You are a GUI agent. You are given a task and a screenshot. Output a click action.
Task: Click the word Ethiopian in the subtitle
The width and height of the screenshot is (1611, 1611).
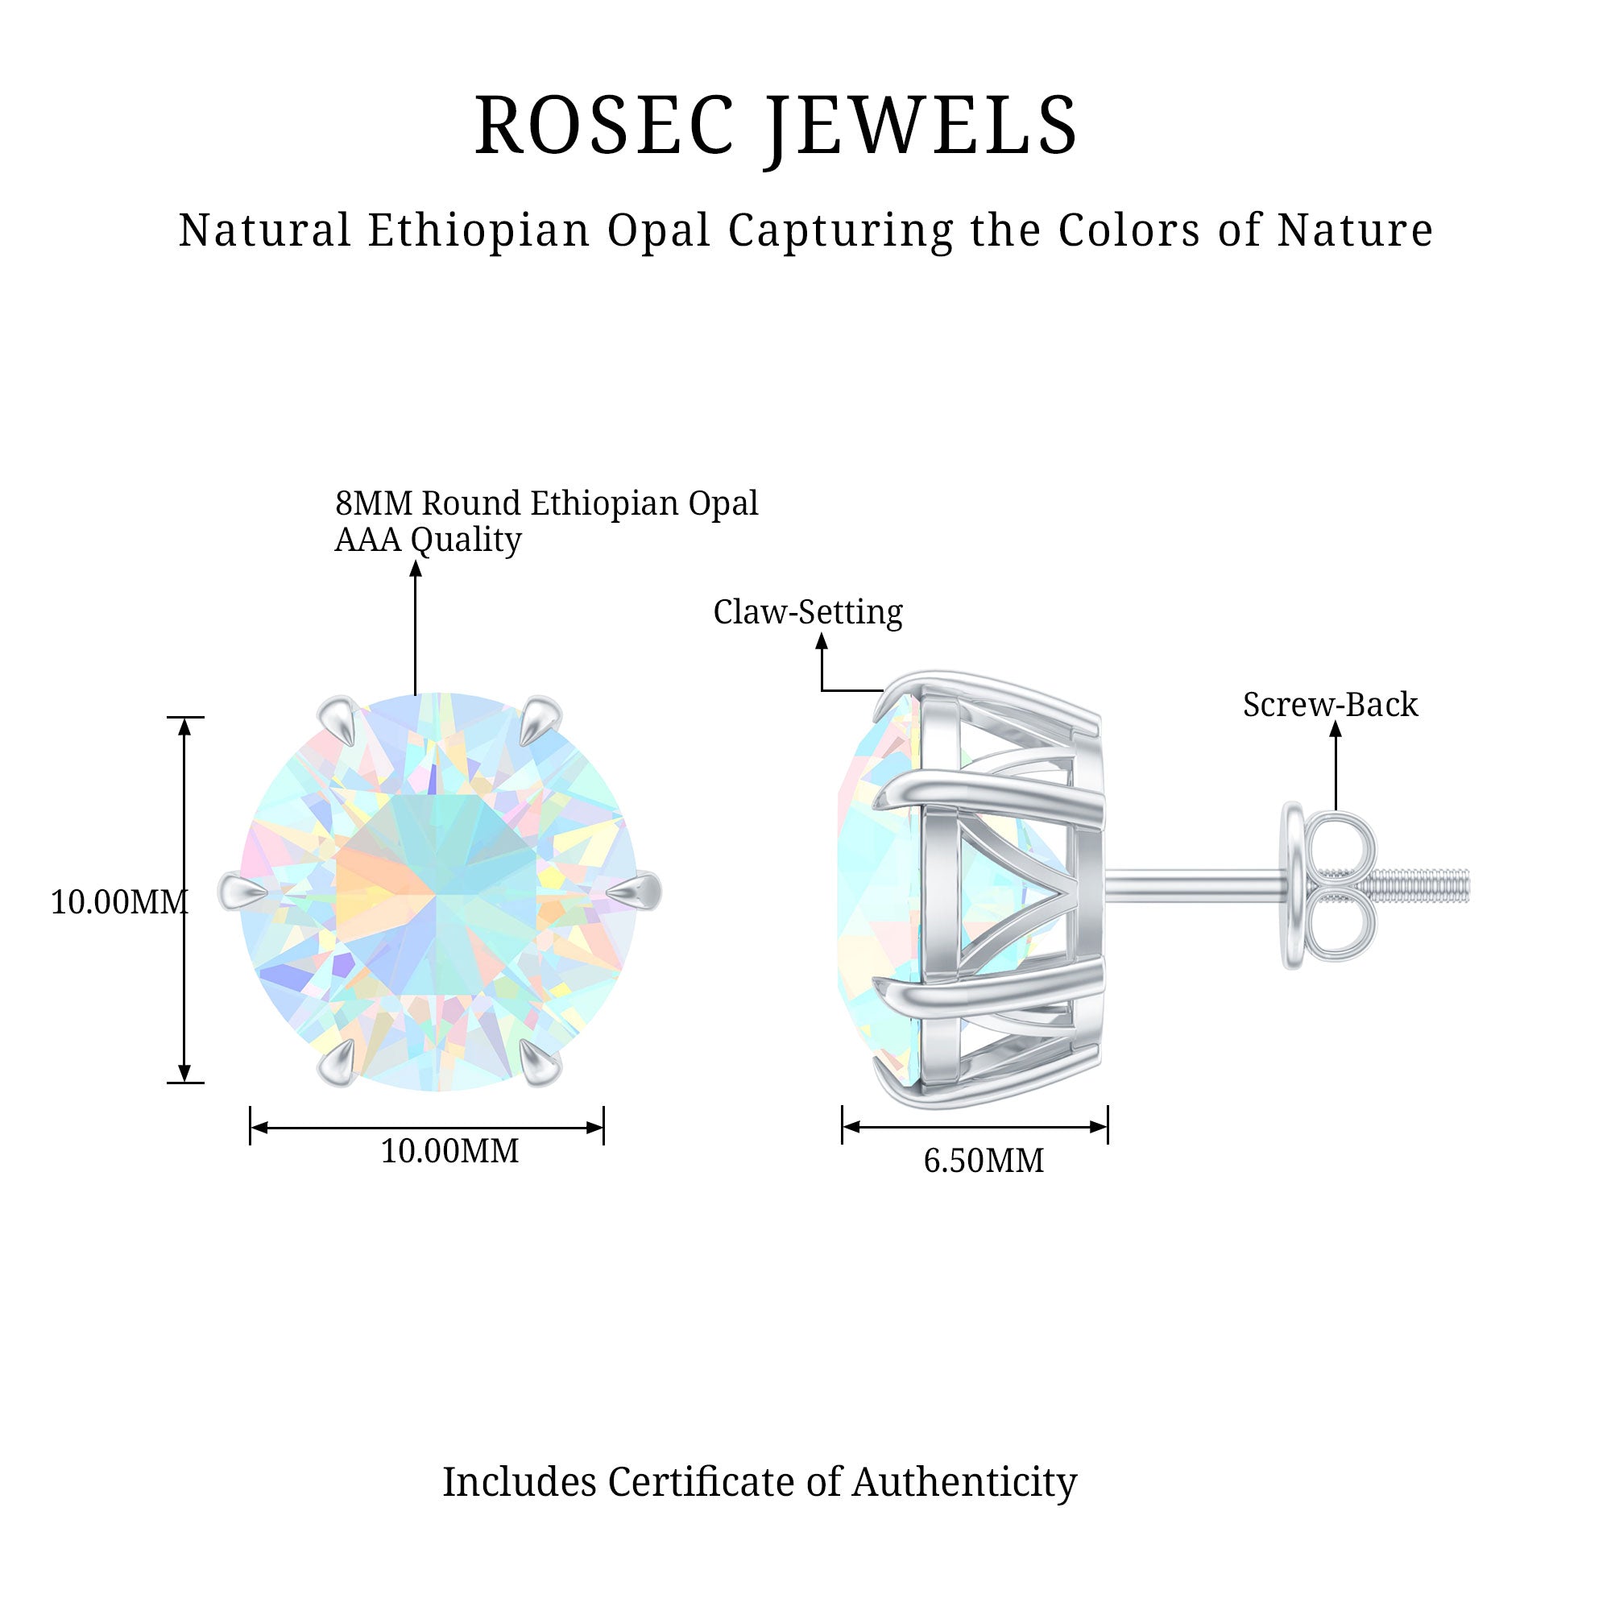click(478, 230)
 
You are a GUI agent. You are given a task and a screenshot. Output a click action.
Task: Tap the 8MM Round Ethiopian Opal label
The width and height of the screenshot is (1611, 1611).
click(546, 503)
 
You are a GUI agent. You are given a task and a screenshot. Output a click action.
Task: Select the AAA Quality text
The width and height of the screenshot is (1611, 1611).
click(428, 540)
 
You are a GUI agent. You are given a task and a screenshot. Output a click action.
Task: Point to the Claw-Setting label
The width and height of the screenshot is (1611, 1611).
click(807, 612)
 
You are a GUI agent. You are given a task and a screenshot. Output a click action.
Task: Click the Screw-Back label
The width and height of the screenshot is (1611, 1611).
click(1330, 705)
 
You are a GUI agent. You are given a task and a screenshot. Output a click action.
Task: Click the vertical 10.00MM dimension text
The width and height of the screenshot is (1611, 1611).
click(119, 902)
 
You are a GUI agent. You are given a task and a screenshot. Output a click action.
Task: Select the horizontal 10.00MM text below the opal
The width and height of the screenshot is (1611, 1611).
click(449, 1151)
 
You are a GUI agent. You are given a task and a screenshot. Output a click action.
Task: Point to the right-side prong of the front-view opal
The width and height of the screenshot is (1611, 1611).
click(637, 892)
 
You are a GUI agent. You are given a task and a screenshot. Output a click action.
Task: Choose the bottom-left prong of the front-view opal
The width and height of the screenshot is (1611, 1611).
click(338, 1065)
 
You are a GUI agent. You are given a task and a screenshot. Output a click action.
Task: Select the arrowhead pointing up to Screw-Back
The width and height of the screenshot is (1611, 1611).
click(1335, 729)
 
